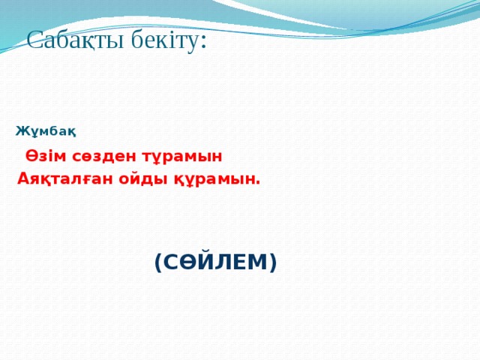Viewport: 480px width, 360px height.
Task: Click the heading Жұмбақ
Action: coord(45,133)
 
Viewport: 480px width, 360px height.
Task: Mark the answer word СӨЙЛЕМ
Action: coord(215,262)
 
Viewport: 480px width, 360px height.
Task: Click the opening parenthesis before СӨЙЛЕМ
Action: coord(157,263)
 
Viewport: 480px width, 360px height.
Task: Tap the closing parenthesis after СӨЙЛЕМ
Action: coord(274,263)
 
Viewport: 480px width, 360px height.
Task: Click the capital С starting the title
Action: coord(34,40)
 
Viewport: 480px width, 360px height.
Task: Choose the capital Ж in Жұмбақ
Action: coord(21,133)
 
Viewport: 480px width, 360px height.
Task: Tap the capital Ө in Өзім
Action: coord(31,156)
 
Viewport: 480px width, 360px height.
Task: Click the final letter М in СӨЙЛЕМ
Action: coord(258,262)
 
